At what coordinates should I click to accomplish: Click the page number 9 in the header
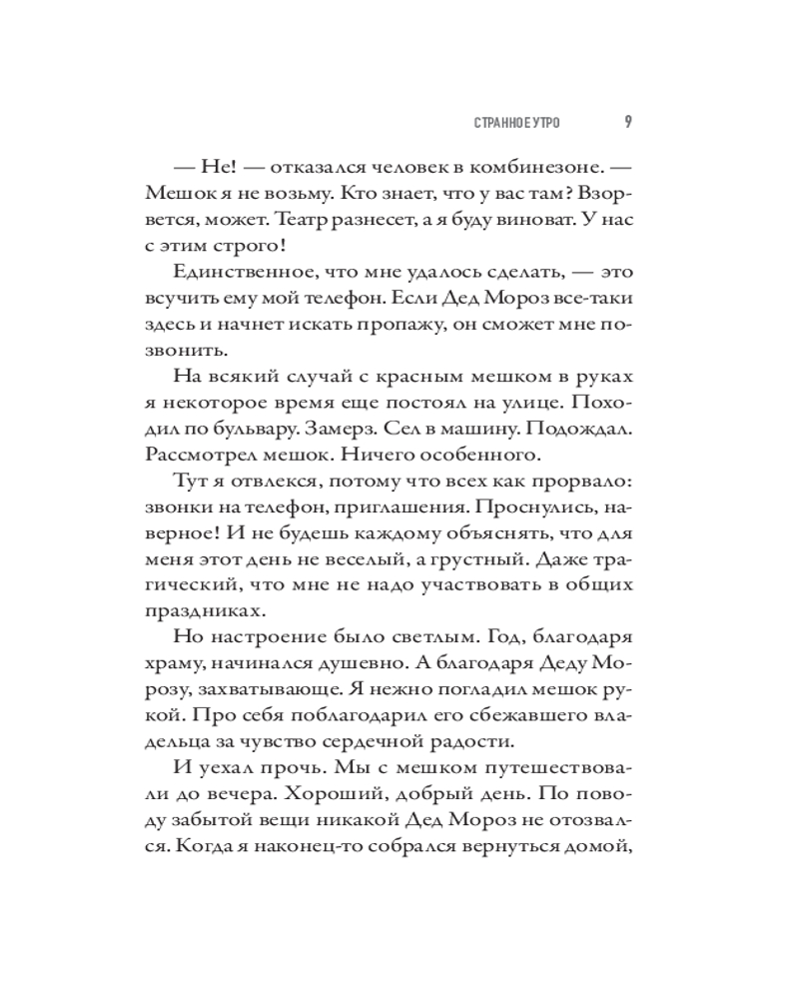pyautogui.click(x=626, y=122)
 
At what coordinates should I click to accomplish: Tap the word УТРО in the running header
pyautogui.click(x=541, y=123)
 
